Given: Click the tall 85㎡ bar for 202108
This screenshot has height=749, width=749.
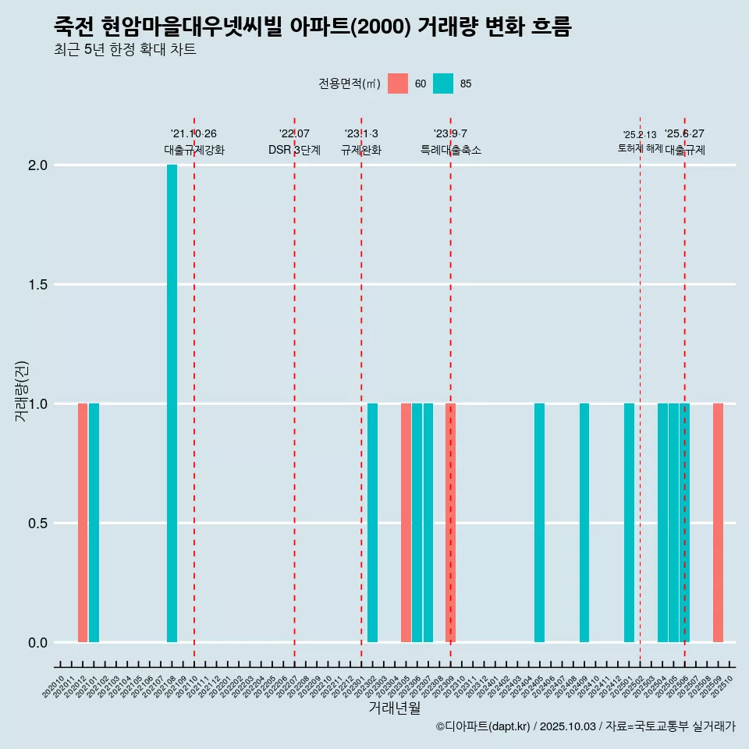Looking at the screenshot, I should pos(172,403).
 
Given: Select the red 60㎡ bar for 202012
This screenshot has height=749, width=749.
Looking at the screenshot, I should pos(83,523).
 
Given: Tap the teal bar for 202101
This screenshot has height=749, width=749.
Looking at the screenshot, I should pos(94,523).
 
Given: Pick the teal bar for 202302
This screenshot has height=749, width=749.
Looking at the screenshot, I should pos(372,523).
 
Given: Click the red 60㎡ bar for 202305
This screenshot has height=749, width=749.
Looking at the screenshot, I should pos(406,523).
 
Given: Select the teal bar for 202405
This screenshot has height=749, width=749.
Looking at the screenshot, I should pos(539,523).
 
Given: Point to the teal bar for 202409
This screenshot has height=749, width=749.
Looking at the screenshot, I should pos(584,523).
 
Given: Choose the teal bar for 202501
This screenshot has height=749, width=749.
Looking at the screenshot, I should pos(629,523).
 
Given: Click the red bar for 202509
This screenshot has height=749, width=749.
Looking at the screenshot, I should pos(718,523).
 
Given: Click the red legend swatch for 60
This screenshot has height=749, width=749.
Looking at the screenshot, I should pos(398,83).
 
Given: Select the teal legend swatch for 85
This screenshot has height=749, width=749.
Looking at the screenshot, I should pos(443,83).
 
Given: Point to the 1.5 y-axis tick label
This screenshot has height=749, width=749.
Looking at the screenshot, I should pos(37,285).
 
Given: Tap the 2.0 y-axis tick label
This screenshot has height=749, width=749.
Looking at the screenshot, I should pos(37,165).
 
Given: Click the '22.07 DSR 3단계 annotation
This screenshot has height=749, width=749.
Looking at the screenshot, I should pos(294,142).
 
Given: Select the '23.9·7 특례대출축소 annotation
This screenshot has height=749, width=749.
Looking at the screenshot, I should pos(450,142).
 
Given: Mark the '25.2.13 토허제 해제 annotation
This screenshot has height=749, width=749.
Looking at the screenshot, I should pos(640,141).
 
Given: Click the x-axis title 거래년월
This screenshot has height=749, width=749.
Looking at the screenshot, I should pos(394,708).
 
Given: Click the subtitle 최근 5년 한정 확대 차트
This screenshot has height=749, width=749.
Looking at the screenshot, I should pos(125,50).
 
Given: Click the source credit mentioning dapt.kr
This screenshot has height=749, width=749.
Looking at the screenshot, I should pos(585,726).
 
